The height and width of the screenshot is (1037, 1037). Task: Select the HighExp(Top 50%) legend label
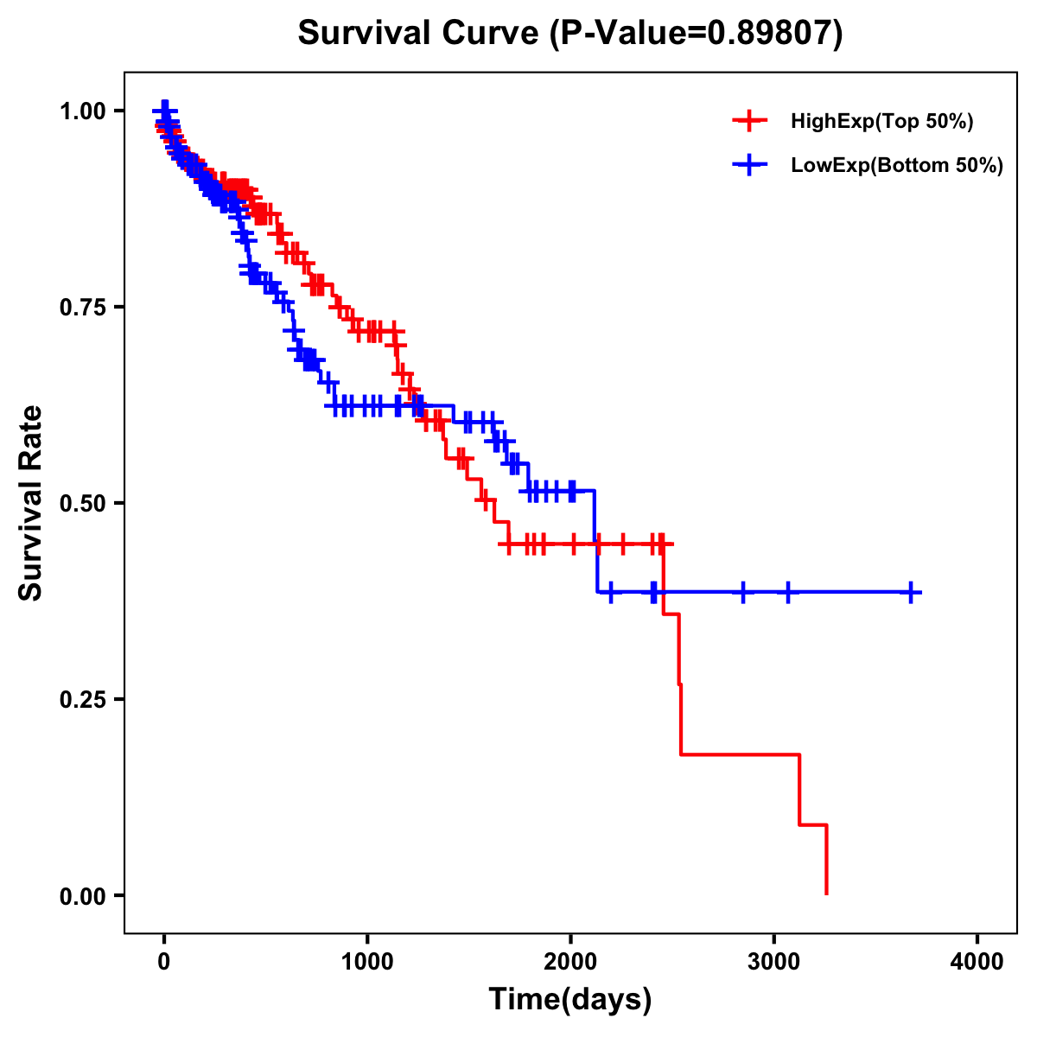(x=881, y=122)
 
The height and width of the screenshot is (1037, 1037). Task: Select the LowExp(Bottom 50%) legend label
(x=897, y=166)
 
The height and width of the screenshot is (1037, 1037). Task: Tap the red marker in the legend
(x=749, y=122)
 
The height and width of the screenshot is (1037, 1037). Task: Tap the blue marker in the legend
(x=749, y=165)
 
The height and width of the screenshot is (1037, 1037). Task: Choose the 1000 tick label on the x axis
(x=367, y=962)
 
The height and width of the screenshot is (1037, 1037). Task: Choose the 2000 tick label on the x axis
(x=570, y=962)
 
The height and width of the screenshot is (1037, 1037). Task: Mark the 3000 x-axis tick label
(x=774, y=962)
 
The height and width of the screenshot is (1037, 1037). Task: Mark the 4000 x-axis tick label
(x=977, y=962)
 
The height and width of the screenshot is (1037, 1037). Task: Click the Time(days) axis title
(x=570, y=1000)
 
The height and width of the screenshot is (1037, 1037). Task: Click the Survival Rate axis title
(x=31, y=503)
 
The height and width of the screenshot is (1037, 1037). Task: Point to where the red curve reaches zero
(x=827, y=894)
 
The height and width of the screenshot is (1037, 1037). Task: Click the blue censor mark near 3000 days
(x=787, y=592)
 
